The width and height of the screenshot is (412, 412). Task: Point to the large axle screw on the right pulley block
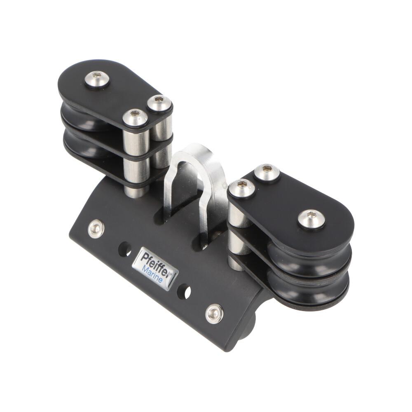pos(311,219)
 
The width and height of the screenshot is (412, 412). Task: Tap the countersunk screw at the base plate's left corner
pos(96,229)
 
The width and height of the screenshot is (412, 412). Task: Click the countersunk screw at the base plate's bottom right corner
pos(214,314)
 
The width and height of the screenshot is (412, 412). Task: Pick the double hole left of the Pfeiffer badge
pos(125,249)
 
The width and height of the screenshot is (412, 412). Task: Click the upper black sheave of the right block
pos(310,259)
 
